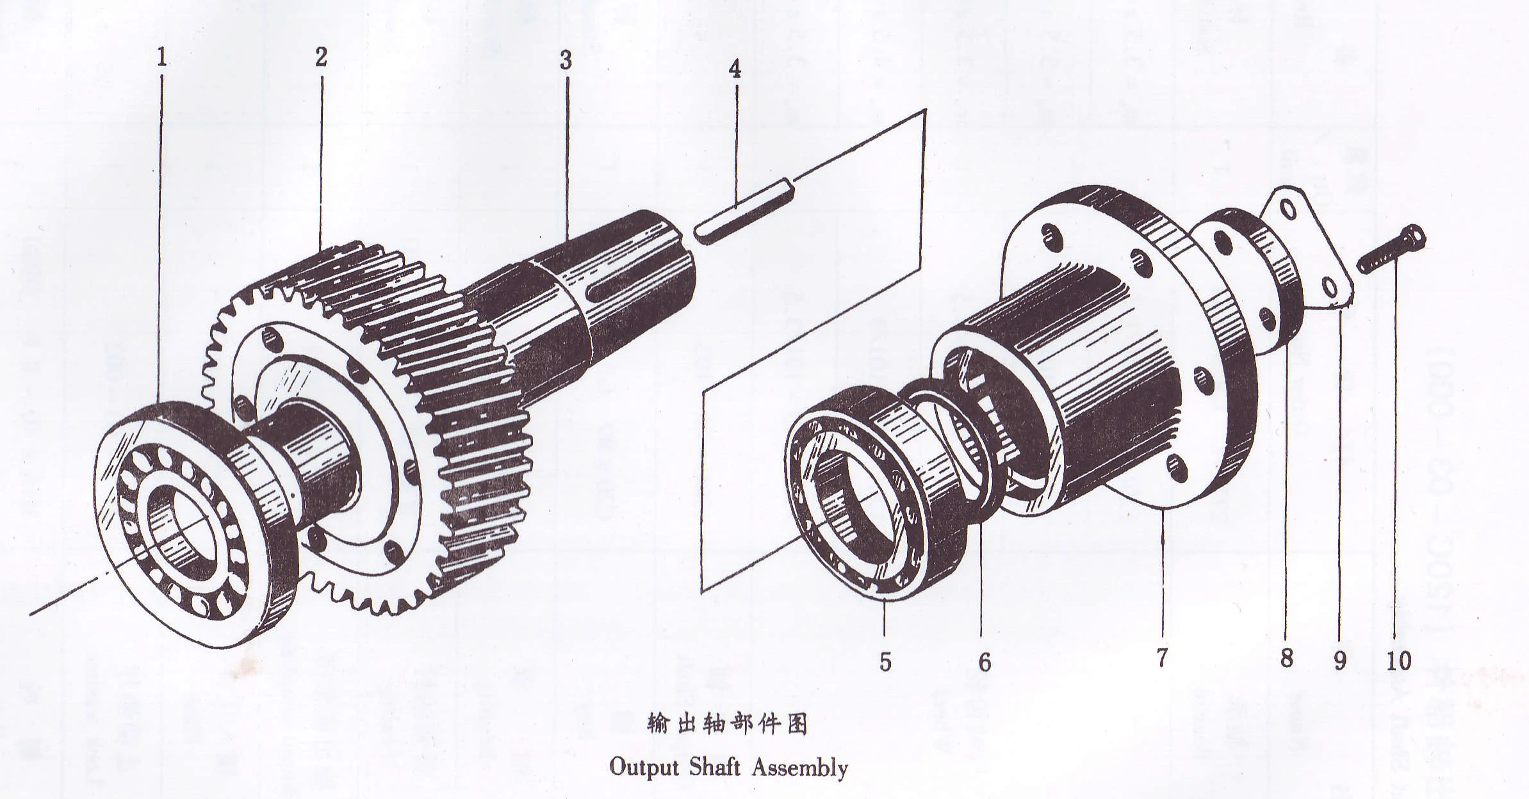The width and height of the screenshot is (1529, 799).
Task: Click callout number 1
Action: [162, 58]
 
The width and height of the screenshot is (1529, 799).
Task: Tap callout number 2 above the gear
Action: [321, 56]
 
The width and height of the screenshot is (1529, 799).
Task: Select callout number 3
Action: [565, 60]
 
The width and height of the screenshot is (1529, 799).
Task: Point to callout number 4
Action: [735, 69]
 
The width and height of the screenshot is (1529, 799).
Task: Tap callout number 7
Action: [1162, 657]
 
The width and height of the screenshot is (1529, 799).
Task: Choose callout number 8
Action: [1286, 658]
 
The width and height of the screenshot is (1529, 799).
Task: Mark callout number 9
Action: [1340, 659]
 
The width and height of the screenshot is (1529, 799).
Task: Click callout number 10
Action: [1399, 659]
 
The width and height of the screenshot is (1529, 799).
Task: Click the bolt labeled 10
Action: [1390, 254]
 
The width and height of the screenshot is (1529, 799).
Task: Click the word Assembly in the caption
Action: [799, 767]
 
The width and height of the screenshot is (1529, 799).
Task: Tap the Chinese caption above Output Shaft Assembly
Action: [727, 725]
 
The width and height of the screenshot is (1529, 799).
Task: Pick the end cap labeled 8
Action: [1249, 282]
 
